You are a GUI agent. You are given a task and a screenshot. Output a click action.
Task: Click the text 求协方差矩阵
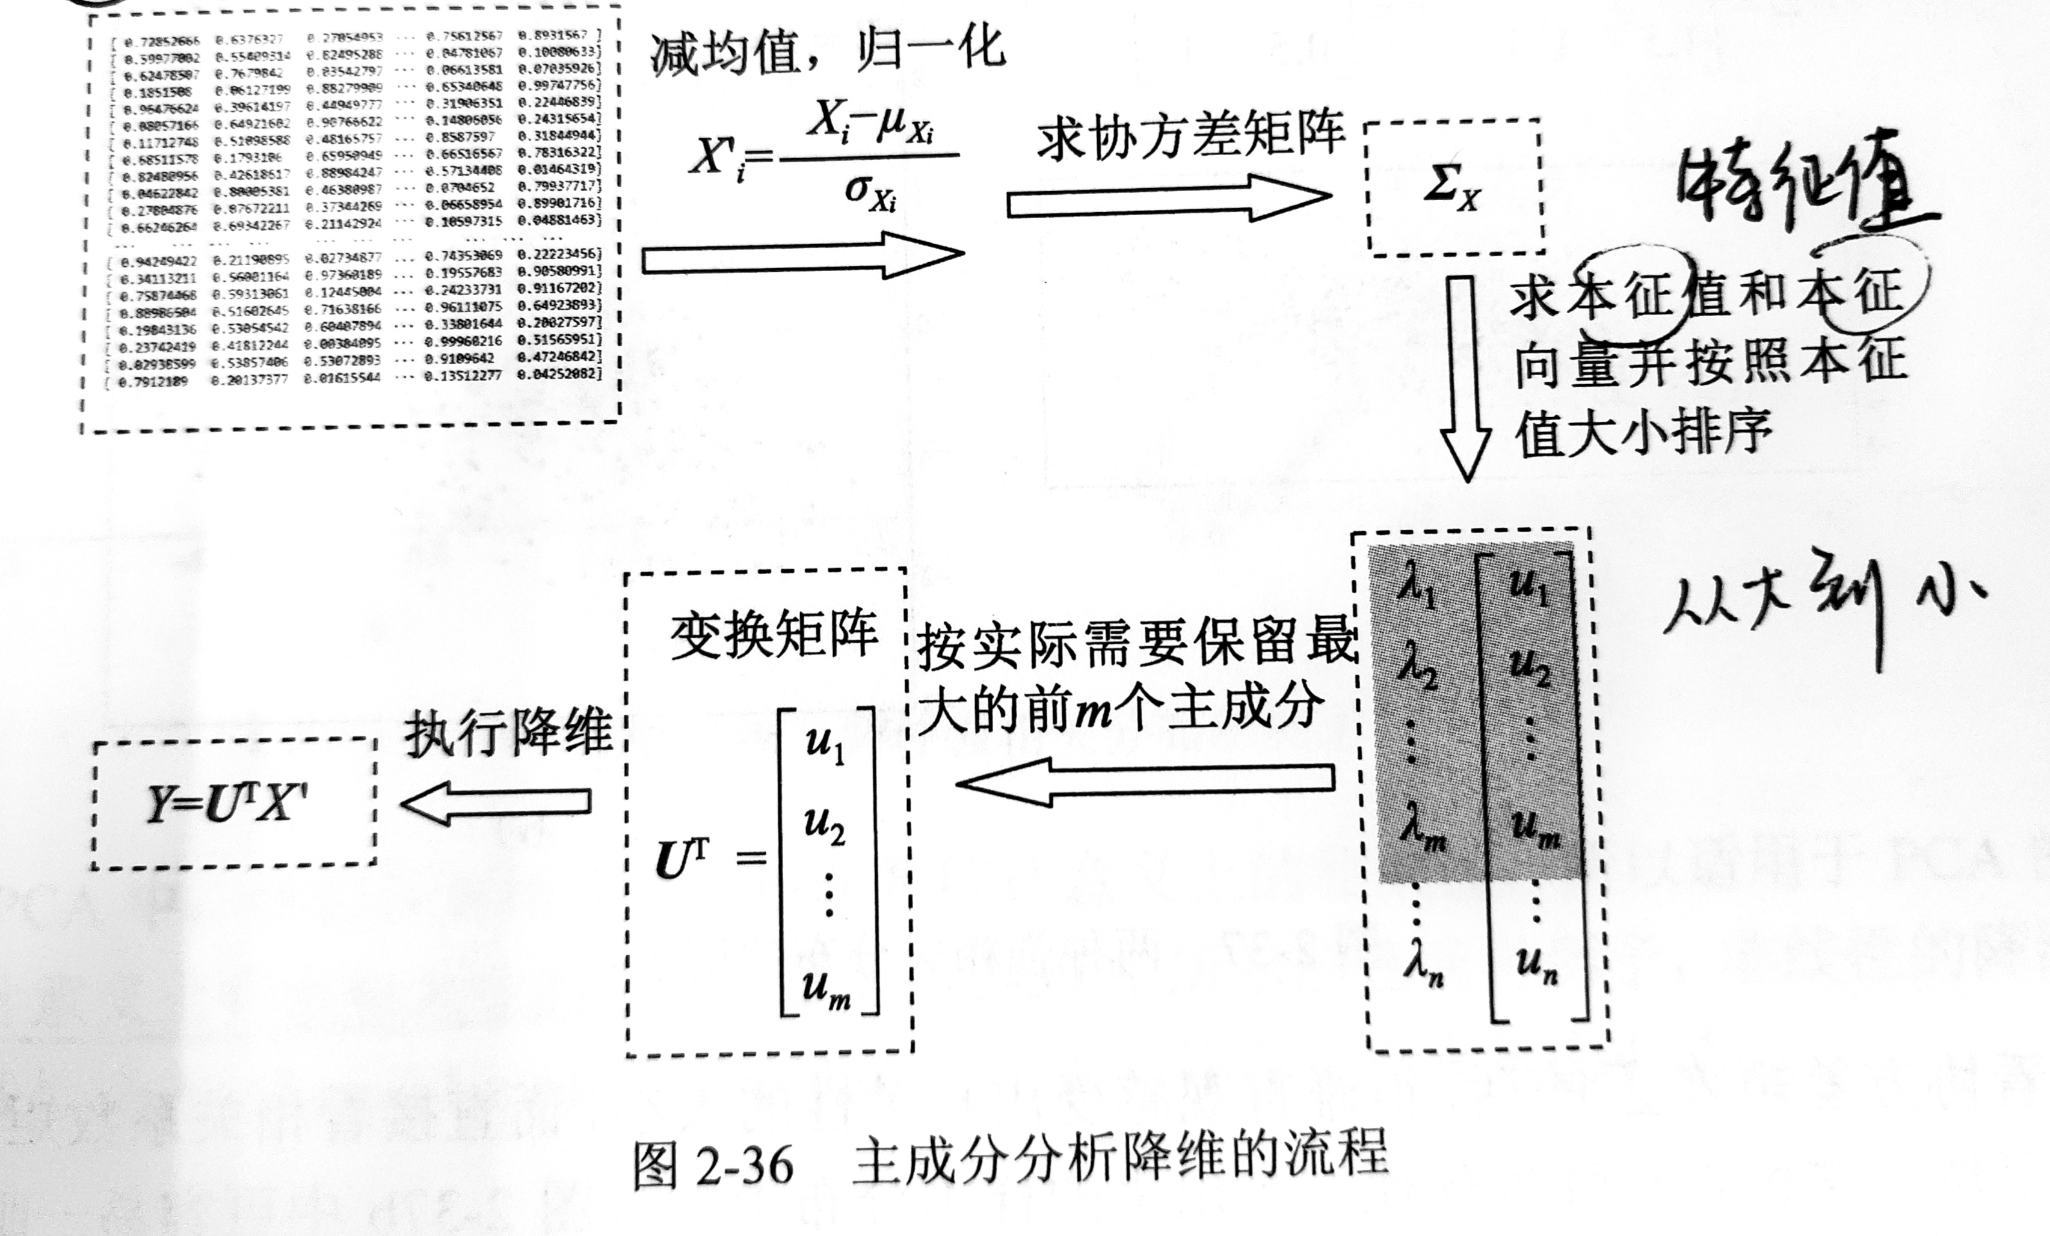click(1190, 136)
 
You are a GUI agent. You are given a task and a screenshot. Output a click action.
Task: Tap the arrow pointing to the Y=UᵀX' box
click(496, 802)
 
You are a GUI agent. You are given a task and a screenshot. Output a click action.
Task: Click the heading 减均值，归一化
click(827, 50)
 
